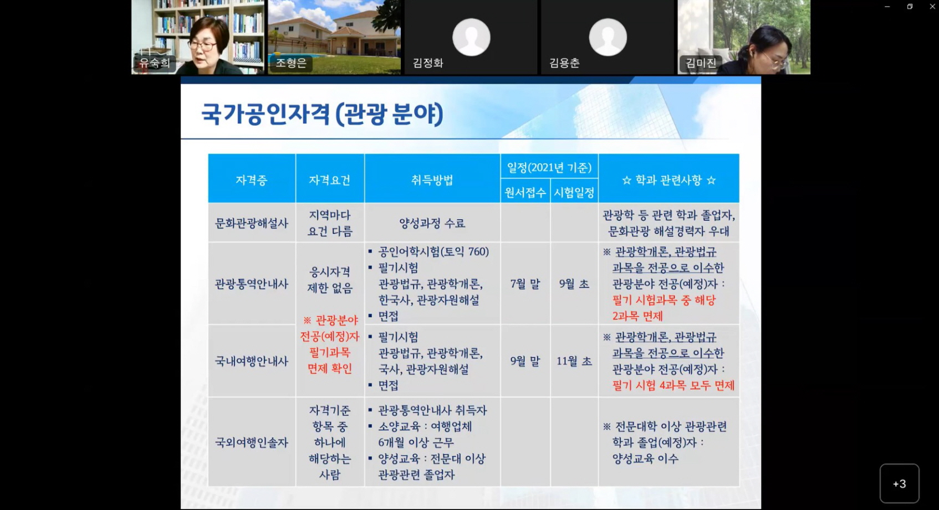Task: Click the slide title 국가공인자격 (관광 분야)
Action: [x=322, y=114]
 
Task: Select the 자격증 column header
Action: [x=251, y=180]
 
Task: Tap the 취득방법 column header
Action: [x=432, y=180]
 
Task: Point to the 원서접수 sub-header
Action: [x=525, y=193]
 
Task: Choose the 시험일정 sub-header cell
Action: [x=574, y=193]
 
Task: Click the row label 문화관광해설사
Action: [x=251, y=223]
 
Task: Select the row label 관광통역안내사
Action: [x=251, y=284]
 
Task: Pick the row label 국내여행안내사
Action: [x=251, y=361]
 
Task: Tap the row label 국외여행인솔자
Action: [x=251, y=442]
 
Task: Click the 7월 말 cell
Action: [x=525, y=284]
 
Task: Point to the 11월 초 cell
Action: [x=574, y=361]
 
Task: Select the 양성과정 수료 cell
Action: [x=432, y=223]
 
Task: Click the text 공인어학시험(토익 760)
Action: [x=433, y=252]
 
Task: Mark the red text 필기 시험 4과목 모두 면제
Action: [x=673, y=385]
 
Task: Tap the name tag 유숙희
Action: [x=154, y=63]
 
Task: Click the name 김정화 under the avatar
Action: [x=428, y=63]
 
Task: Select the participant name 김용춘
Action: [x=564, y=63]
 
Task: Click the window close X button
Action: [x=932, y=7]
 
